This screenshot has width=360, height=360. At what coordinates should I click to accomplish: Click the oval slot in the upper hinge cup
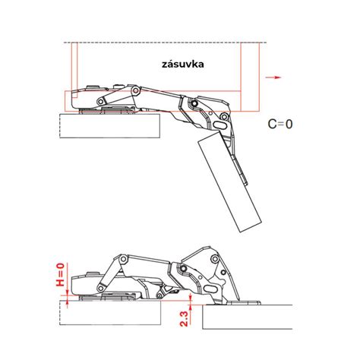pyautogui.click(x=221, y=122)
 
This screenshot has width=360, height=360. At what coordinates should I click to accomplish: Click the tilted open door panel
pyautogui.click(x=228, y=182)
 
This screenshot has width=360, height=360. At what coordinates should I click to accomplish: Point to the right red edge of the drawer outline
pyautogui.click(x=259, y=76)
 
